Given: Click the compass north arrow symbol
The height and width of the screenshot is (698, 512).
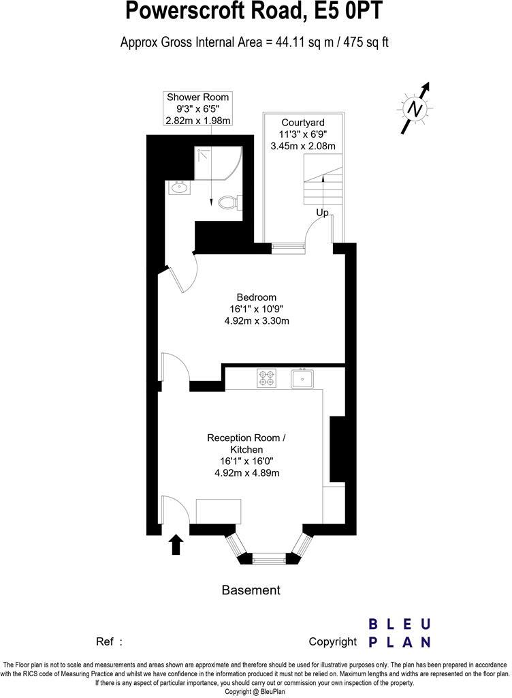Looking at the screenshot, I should point(415,108).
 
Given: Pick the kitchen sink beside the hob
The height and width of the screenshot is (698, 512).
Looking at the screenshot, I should point(301,378).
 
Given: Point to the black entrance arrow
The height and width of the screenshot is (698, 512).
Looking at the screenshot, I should point(176,544).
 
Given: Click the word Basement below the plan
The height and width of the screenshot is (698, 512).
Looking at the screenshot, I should point(251,590).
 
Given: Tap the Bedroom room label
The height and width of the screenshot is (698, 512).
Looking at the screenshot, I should point(256,297).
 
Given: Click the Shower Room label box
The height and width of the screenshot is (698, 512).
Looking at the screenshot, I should point(198,108).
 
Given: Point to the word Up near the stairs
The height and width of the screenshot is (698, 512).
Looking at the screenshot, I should point(322,213).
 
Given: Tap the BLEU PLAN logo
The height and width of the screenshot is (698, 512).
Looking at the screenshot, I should point(399,633).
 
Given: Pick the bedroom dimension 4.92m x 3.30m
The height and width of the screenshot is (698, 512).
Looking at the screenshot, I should point(257,321).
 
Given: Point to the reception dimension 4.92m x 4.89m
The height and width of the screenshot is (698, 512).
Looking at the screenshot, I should point(246,473).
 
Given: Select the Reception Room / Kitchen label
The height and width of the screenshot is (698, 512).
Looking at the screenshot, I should point(246,444).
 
